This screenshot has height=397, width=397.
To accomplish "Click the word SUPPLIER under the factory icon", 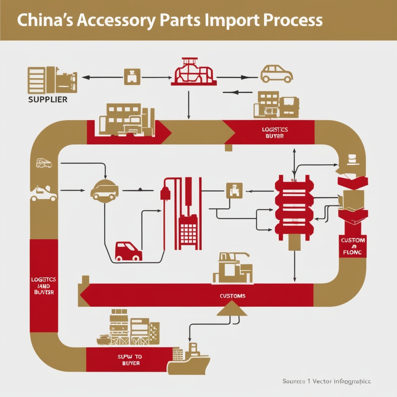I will [48, 100].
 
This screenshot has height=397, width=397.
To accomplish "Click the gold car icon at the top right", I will [276, 74].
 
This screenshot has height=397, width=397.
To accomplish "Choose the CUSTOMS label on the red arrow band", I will [233, 296].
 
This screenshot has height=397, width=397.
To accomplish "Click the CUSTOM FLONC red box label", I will [353, 246].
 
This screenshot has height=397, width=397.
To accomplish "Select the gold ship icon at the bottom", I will [189, 360].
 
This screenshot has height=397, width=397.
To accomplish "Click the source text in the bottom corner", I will [326, 381].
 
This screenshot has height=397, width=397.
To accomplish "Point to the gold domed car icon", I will [104, 190].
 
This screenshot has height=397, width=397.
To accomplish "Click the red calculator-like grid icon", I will [189, 233].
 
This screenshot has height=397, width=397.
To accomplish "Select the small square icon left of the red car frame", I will [132, 77].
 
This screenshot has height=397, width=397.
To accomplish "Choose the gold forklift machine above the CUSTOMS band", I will [232, 268].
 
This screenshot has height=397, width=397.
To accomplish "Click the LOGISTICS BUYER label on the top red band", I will [275, 133].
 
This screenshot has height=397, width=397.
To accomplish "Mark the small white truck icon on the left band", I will [44, 163].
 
